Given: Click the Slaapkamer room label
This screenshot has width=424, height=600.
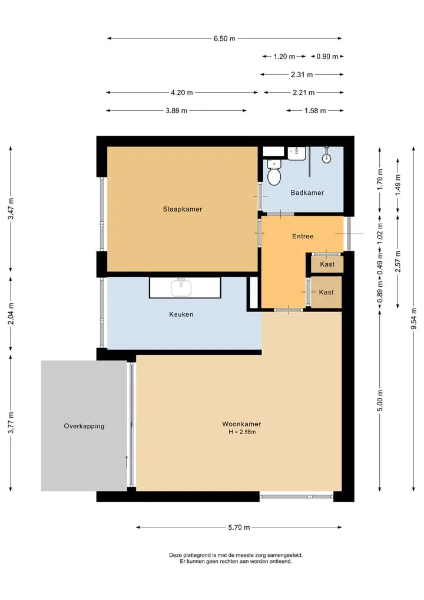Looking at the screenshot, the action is (182, 209).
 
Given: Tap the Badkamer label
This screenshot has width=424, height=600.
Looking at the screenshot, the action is (307, 192).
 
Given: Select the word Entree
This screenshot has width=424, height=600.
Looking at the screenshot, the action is (303, 236).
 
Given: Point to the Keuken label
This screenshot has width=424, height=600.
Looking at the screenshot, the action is (181, 314).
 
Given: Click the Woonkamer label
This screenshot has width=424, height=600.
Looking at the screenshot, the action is (241, 424).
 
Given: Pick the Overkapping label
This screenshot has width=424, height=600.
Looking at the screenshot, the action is (84, 426).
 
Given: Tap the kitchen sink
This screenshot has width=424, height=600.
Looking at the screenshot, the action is (181, 287).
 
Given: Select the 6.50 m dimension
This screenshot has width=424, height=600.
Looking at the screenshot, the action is (224, 38).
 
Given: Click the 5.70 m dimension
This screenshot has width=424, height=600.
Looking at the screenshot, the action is (239, 527).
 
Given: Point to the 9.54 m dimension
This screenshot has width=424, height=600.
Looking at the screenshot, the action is (413, 319).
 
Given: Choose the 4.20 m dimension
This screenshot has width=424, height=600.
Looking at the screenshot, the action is (182, 92).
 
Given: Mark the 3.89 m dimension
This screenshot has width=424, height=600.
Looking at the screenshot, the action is (177, 110).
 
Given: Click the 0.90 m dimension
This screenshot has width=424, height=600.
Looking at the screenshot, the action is (327, 56).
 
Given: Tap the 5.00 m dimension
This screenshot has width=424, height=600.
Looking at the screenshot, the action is (380, 400).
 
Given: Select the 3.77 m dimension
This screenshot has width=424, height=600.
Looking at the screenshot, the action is (11, 423).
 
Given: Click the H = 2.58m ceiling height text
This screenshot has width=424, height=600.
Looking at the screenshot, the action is (242, 432).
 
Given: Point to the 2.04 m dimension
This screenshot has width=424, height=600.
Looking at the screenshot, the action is (11, 314).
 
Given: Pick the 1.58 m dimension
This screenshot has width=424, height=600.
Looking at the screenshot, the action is (315, 110).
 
